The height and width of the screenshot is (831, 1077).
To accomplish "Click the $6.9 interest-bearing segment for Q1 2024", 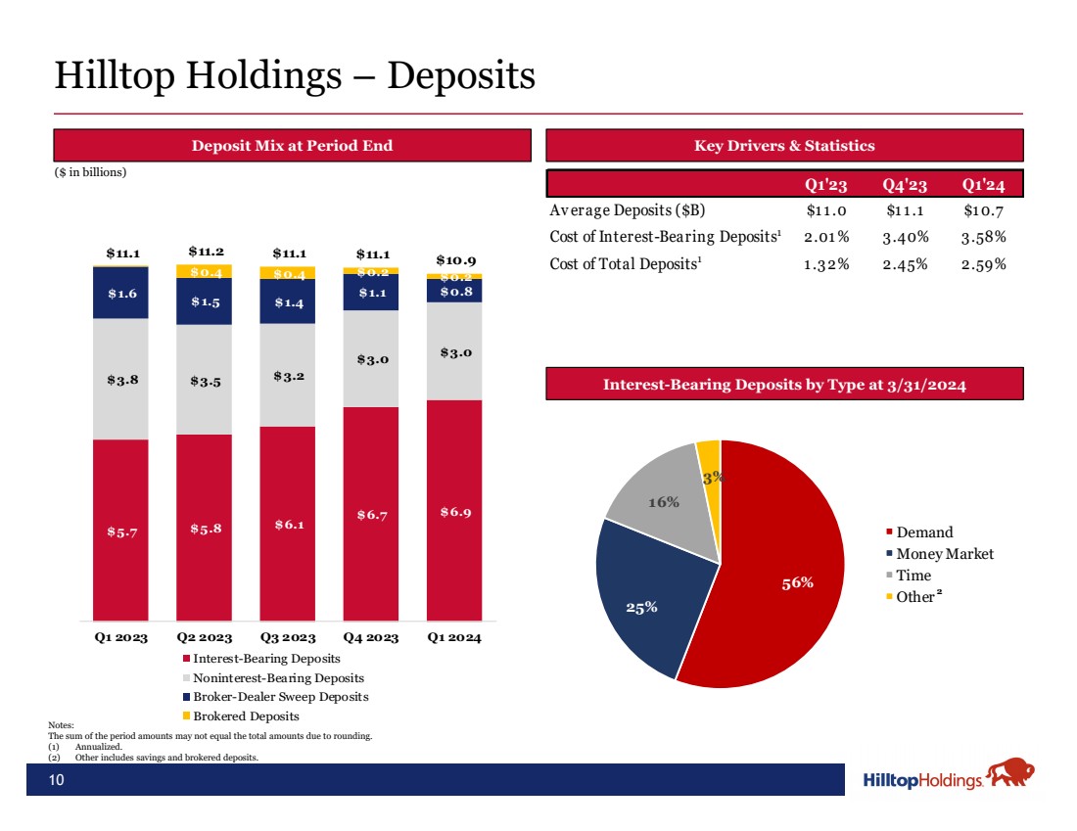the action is (454, 510).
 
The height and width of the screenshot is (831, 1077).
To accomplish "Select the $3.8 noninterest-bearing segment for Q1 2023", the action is (120, 379).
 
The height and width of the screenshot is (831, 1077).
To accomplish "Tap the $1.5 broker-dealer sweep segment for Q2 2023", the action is (204, 301).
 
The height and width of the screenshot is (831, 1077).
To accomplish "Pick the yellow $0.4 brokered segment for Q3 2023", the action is (288, 273).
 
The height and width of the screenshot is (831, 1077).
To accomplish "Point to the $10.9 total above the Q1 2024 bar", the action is (456, 260).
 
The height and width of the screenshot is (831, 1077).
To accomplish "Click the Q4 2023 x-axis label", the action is (371, 637).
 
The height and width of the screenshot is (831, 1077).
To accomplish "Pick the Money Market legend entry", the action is (940, 554).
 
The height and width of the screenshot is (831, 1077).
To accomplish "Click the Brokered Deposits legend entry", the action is (241, 716).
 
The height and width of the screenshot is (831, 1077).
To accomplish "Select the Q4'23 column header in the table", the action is (905, 185).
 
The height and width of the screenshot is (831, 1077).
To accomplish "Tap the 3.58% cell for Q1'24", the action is (984, 238).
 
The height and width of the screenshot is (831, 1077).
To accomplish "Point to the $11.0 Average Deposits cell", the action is (826, 210).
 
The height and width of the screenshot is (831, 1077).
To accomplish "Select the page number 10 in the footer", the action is (57, 779).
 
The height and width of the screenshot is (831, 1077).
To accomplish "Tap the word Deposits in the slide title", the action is (461, 75).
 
